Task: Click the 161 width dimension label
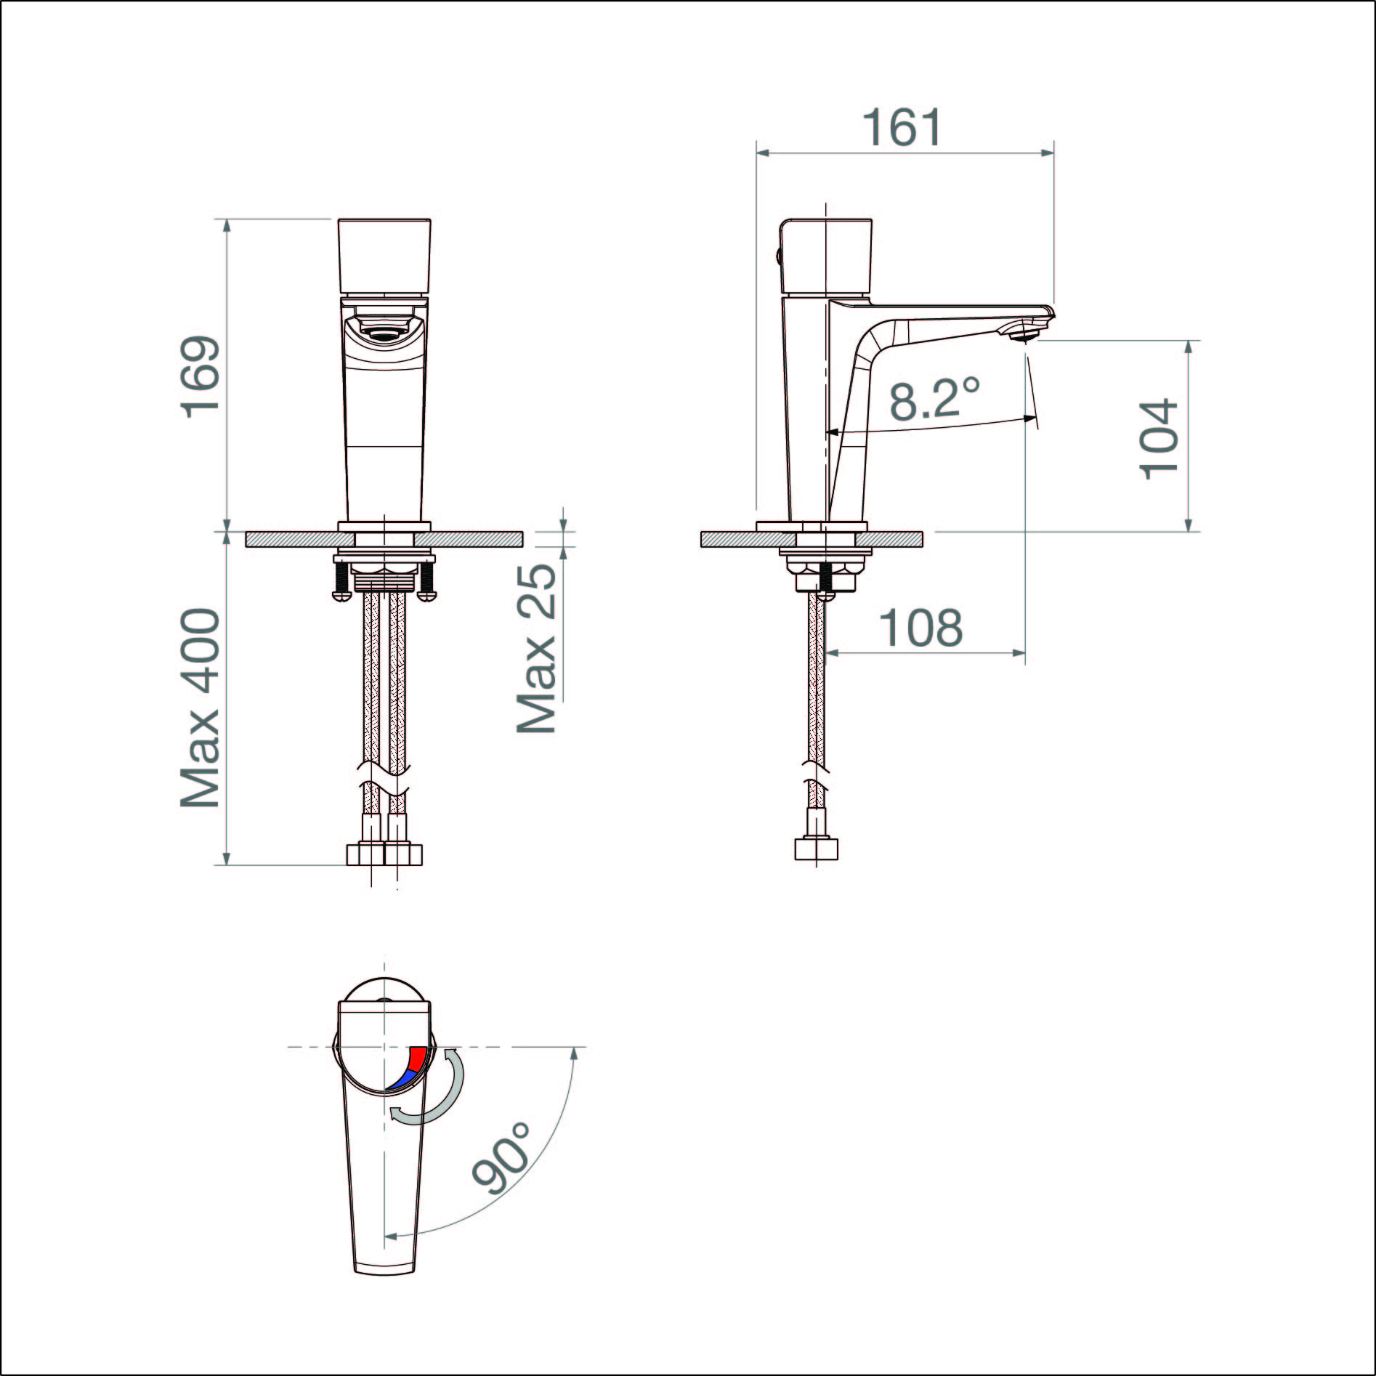(902, 128)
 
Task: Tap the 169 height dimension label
(201, 376)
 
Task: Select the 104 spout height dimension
(1158, 438)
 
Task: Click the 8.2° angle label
(936, 397)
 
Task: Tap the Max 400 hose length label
(201, 708)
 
